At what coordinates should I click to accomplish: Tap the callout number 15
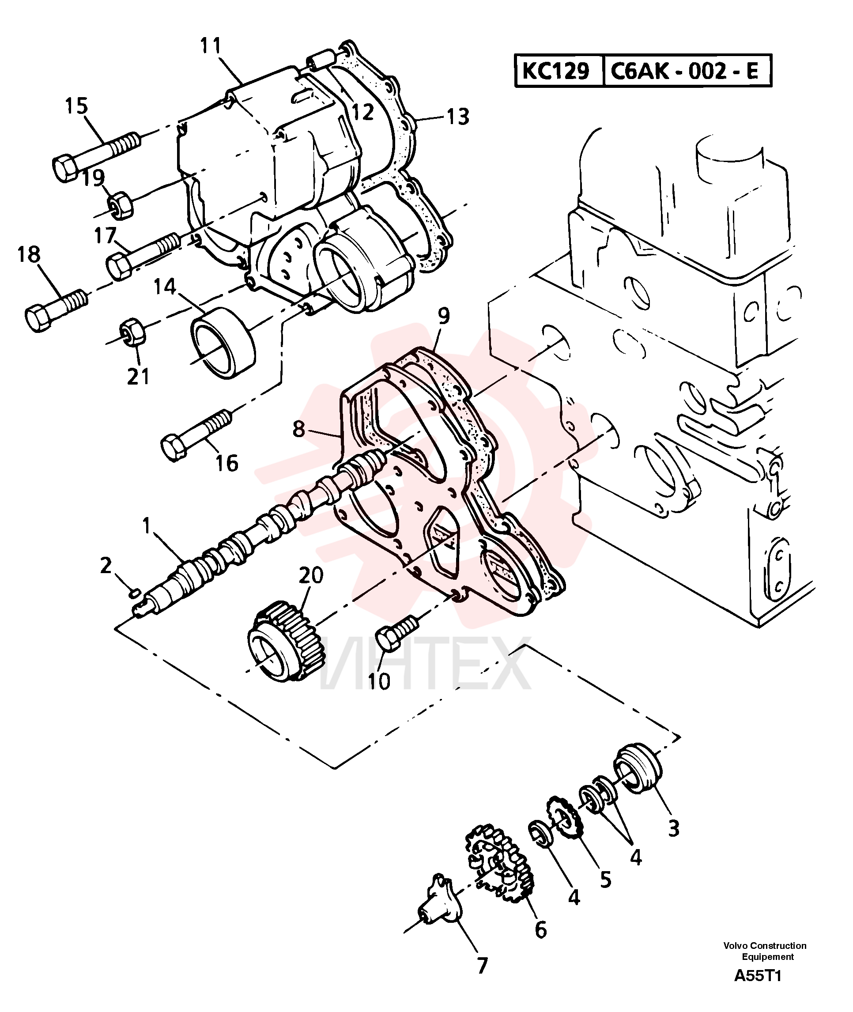pos(76,106)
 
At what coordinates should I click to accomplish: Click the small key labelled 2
pos(136,592)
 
